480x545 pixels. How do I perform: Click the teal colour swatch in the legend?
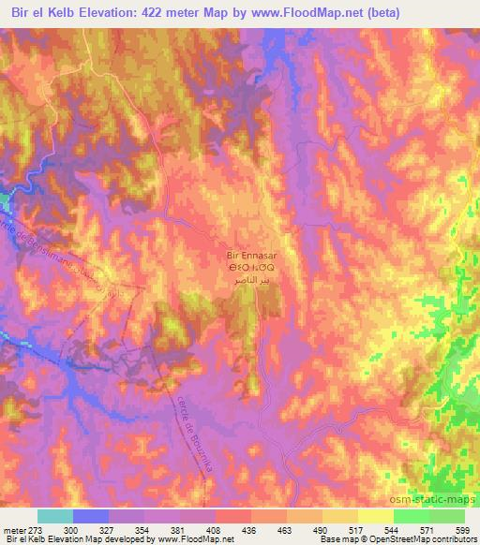(x=55, y=516)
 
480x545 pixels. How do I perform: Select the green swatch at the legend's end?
(x=446, y=516)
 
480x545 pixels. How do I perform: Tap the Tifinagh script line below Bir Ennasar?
(x=251, y=268)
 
